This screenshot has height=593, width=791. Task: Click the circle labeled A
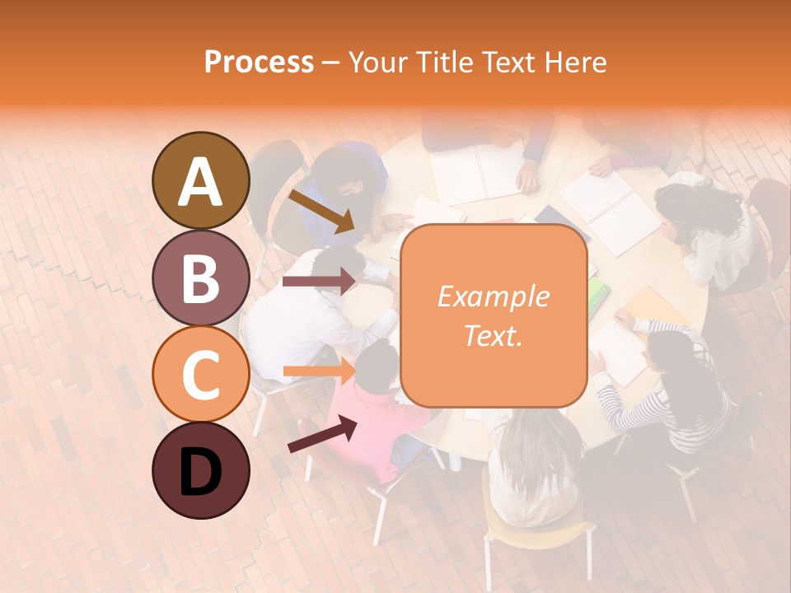[x=200, y=180]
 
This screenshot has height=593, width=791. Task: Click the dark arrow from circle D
[x=323, y=434]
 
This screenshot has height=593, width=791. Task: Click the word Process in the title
[x=259, y=63]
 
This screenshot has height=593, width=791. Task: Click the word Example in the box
[x=494, y=296]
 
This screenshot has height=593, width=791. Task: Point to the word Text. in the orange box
[x=494, y=335]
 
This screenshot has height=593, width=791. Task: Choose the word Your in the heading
[x=377, y=63]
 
